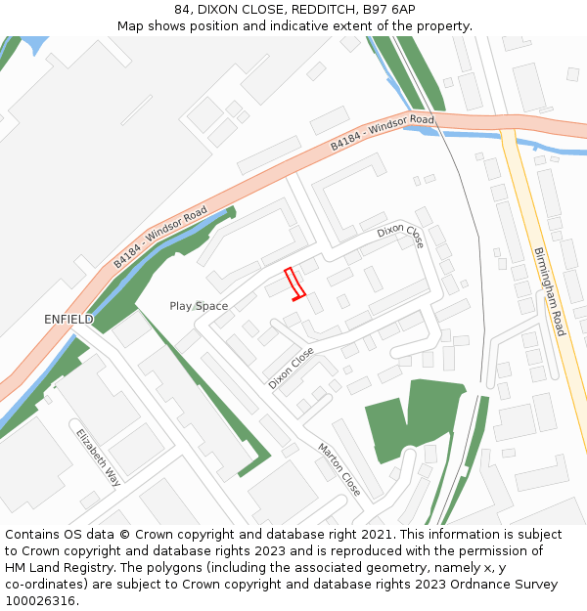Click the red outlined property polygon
click(294, 284)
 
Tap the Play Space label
click(199, 306)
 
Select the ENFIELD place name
click(68, 320)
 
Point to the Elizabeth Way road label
click(98, 458)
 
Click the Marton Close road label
click(339, 469)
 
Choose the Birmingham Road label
click(549, 291)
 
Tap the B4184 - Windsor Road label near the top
click(382, 132)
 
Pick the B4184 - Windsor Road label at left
click(159, 237)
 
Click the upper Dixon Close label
click(400, 236)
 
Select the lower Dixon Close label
click(292, 368)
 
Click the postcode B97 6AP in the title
click(388, 10)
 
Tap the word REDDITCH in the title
click(302, 10)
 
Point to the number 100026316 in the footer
click(40, 601)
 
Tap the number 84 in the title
click(182, 10)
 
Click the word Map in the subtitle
click(132, 25)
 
